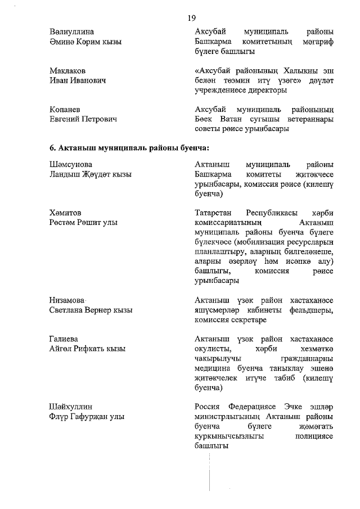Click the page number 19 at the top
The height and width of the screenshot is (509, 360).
(191, 17)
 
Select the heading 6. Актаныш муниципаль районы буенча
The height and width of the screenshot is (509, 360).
(129, 148)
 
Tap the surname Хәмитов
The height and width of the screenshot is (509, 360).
(66, 213)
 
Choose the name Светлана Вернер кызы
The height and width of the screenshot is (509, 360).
(91, 310)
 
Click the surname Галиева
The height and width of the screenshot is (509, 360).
(64, 339)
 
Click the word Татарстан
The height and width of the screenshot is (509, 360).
(213, 213)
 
